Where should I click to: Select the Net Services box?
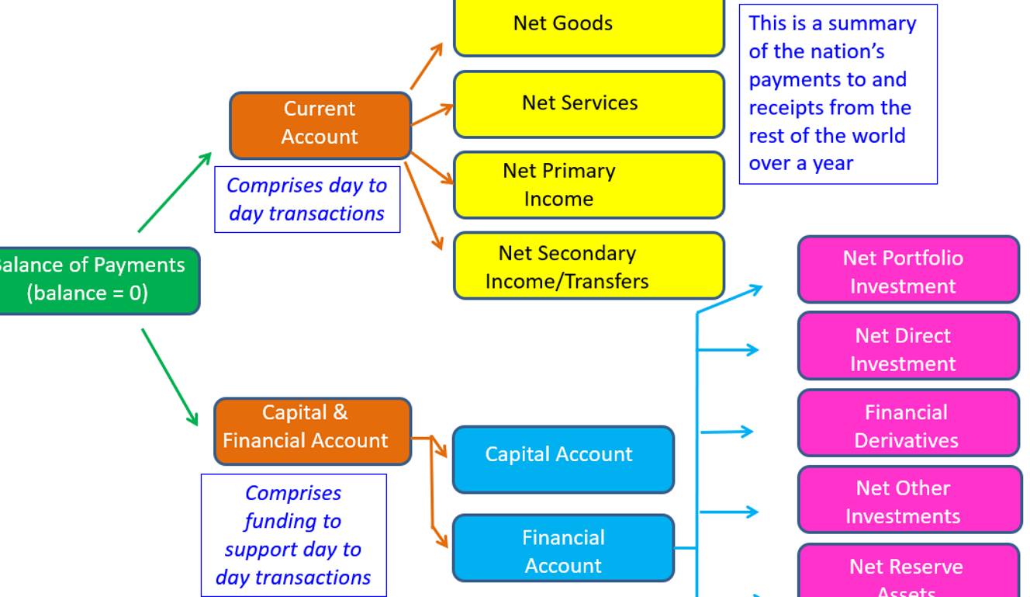coord(588,103)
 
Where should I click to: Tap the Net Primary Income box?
coord(588,185)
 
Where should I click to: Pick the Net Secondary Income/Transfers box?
coord(588,266)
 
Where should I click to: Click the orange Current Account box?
coord(320,124)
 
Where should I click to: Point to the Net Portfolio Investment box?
coord(907,269)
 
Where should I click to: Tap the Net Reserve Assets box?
coord(907,573)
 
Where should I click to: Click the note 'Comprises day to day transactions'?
coord(307,200)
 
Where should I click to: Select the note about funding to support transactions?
coord(294,535)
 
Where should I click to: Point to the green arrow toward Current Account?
coord(174,193)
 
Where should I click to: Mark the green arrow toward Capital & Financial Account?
coord(170,377)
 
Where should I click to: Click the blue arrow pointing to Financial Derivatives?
coord(726,431)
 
